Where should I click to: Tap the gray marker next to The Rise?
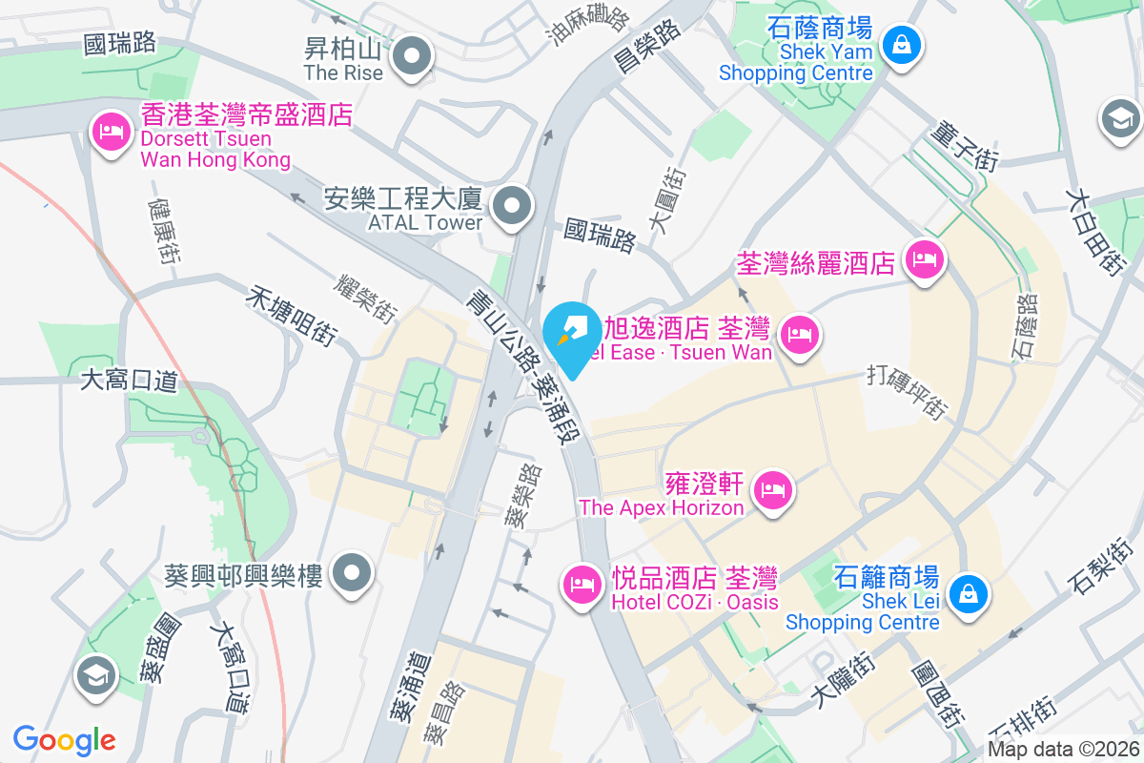(412, 56)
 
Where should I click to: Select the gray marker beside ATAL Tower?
(512, 206)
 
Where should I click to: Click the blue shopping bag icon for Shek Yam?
(900, 44)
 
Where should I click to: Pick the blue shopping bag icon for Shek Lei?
(968, 594)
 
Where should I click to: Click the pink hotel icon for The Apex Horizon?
(772, 491)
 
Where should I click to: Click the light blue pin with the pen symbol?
(573, 335)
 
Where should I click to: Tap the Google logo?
(65, 739)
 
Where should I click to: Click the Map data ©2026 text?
(1064, 750)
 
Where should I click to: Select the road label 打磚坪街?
(908, 390)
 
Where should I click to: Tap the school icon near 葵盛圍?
(97, 676)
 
